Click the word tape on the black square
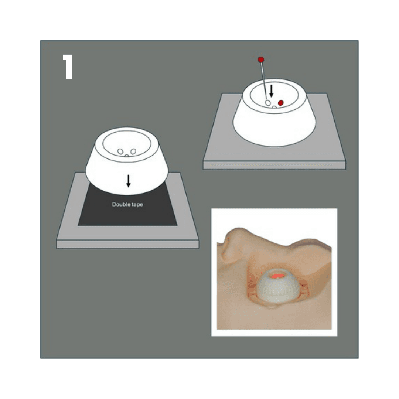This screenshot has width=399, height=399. click(137, 205)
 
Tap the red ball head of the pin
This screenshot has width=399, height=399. click(261, 59)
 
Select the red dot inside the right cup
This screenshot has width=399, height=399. click(281, 103)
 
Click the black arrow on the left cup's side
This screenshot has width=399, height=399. click(129, 181)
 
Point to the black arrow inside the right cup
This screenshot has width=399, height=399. click(272, 91)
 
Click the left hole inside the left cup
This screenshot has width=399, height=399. click(120, 152)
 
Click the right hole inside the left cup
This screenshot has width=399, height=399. click(133, 152)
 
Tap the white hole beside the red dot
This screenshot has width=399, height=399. click(268, 103)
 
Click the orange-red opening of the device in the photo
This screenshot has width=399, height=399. click(277, 276)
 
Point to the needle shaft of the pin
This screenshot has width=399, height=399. click(264, 81)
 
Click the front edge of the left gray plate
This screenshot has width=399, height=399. click(128, 244)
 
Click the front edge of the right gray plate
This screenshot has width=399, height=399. click(274, 165)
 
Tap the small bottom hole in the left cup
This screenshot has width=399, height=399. click(127, 155)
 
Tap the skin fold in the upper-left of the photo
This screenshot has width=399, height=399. click(229, 244)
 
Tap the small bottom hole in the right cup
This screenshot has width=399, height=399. click(274, 107)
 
